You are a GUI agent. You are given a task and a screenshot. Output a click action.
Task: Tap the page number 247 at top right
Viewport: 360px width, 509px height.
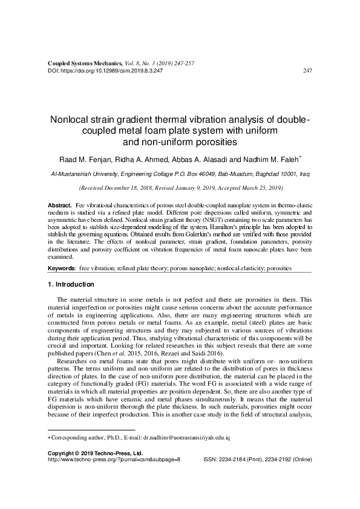[x=306, y=71]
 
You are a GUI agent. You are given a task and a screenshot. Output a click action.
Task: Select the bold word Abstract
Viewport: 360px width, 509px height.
[x=59, y=207]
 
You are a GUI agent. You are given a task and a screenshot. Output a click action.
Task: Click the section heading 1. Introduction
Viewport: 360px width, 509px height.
[x=70, y=284]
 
